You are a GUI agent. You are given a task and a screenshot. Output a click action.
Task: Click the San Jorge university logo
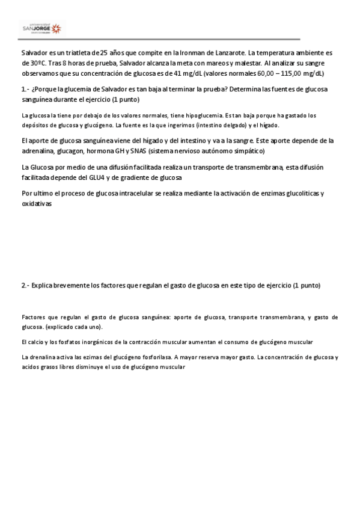[x=41, y=28]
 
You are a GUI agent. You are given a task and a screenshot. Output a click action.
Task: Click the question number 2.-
[x=25, y=285]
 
